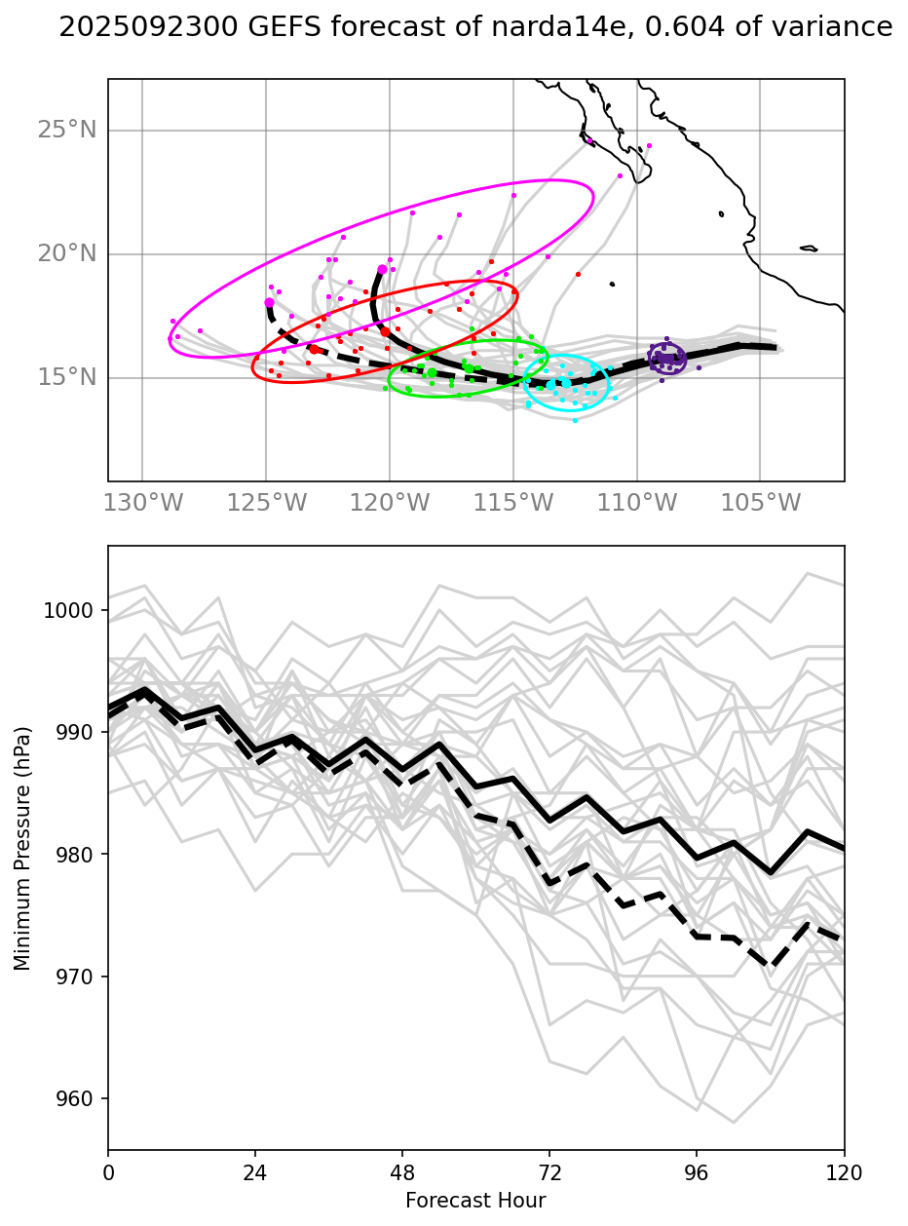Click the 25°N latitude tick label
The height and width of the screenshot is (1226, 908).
click(67, 130)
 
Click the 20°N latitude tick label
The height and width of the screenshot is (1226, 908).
click(67, 253)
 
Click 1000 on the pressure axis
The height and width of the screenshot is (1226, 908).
click(71, 610)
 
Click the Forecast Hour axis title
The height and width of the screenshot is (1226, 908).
click(475, 1200)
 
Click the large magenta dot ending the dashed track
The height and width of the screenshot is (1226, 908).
click(270, 303)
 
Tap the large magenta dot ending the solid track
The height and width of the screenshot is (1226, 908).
click(382, 270)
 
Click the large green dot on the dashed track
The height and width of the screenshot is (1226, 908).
click(433, 372)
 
